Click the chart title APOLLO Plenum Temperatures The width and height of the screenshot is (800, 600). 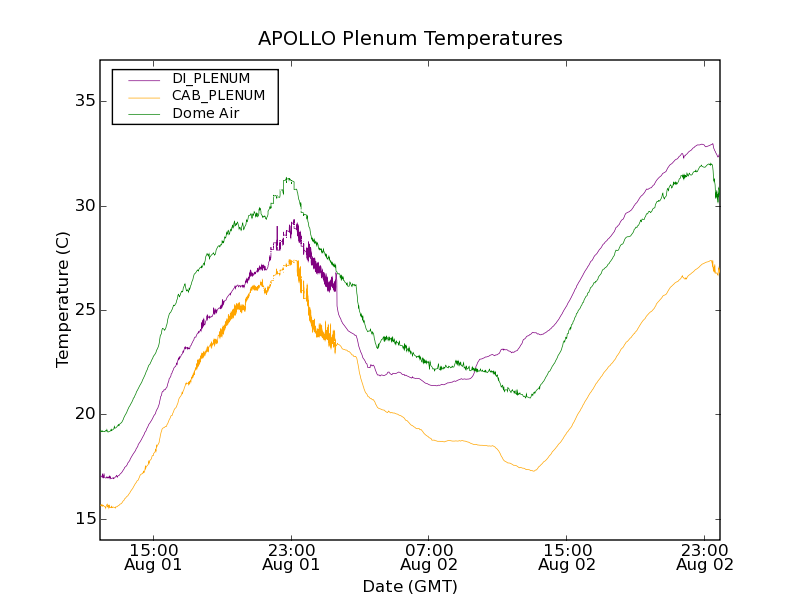coord(410,39)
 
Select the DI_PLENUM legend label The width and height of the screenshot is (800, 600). coord(211,78)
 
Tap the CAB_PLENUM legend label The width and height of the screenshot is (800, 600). coord(218,96)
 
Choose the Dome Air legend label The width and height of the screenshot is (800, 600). coord(205,114)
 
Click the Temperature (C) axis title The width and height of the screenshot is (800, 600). coord(63,299)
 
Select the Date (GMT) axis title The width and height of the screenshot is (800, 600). coord(410,586)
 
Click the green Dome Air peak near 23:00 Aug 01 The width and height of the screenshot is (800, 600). coord(287,179)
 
